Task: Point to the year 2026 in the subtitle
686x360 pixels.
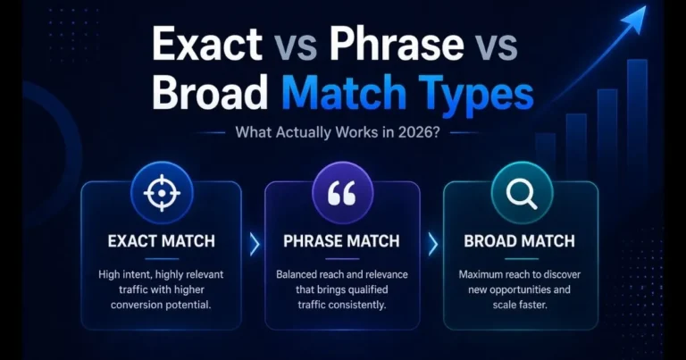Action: [x=426, y=135]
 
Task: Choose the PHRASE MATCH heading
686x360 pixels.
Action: [x=342, y=241]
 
